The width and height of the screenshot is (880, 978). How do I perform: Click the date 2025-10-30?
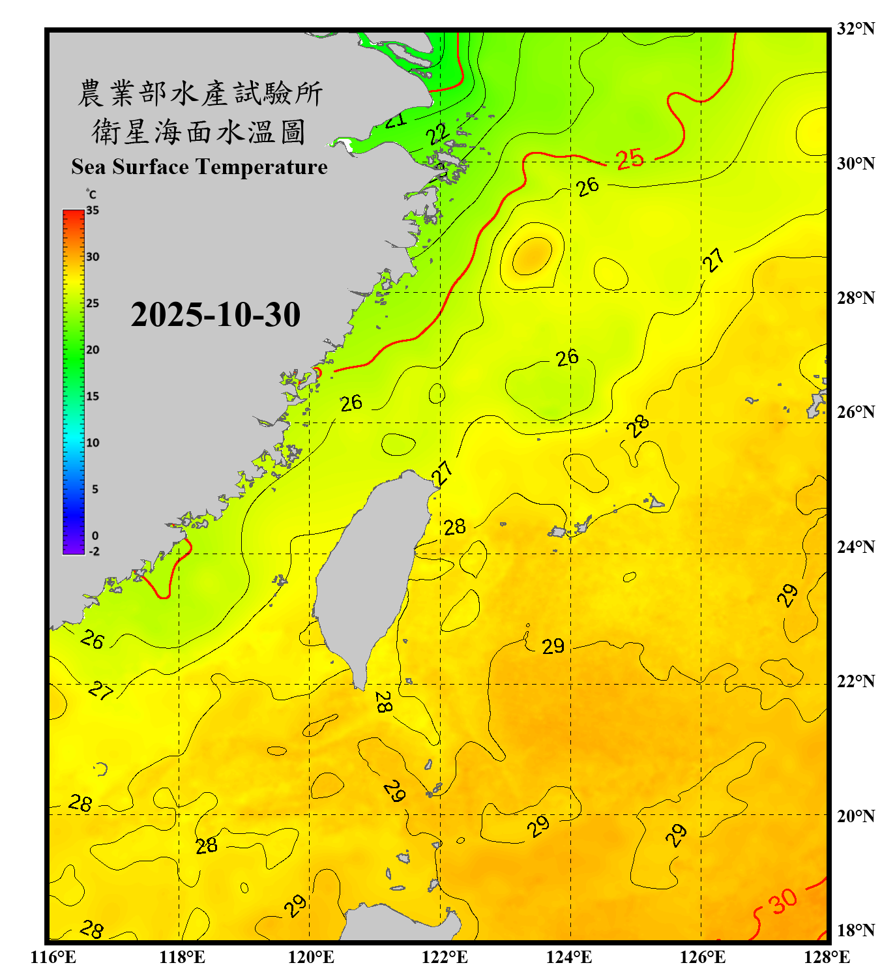[x=215, y=315]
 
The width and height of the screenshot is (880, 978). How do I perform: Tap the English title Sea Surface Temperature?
[x=199, y=167]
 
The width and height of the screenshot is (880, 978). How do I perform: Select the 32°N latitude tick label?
[x=855, y=29]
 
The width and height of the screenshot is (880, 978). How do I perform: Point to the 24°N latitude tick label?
[x=855, y=546]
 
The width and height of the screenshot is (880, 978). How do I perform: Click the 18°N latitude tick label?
[x=855, y=930]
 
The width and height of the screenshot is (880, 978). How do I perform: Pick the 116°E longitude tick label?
[x=53, y=957]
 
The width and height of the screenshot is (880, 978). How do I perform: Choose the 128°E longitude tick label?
[x=827, y=957]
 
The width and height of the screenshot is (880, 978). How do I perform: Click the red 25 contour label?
[x=630, y=159]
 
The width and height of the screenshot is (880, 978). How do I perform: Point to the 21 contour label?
[x=395, y=120]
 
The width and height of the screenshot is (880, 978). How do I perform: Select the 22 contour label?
[x=438, y=134]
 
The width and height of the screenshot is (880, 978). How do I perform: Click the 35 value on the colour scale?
[x=93, y=211]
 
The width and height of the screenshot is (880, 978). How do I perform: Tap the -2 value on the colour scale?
[x=94, y=551]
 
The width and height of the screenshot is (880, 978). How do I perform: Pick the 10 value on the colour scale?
[x=93, y=443]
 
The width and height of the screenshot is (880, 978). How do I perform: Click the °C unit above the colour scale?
[x=91, y=194]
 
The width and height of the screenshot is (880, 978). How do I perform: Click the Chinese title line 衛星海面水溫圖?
[x=199, y=132]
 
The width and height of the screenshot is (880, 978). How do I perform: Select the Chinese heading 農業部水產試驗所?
[x=200, y=93]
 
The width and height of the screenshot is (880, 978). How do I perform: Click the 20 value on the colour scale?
[x=93, y=350]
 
